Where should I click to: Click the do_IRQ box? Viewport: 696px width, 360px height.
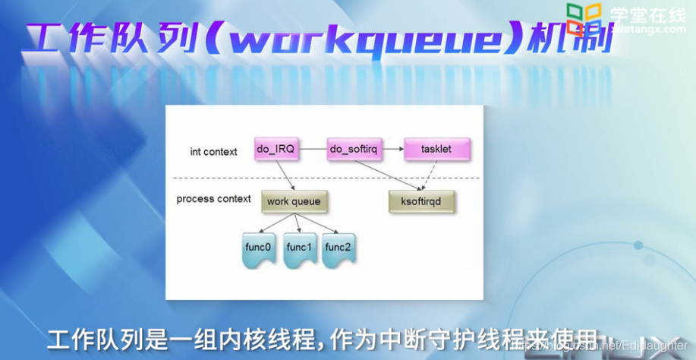click(x=276, y=150)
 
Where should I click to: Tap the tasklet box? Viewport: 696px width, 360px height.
click(x=436, y=150)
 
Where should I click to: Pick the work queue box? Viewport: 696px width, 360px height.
click(x=294, y=201)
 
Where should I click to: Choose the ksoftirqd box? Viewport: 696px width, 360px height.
click(x=420, y=201)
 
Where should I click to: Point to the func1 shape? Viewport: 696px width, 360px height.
click(x=298, y=248)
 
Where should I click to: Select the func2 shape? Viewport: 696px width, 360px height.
click(x=339, y=248)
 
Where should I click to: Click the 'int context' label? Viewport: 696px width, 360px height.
click(x=213, y=152)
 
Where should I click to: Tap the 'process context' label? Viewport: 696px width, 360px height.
click(x=213, y=199)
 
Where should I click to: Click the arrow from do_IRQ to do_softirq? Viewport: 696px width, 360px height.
click(x=313, y=150)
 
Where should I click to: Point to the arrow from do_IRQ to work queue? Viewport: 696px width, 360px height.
click(x=285, y=175)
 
